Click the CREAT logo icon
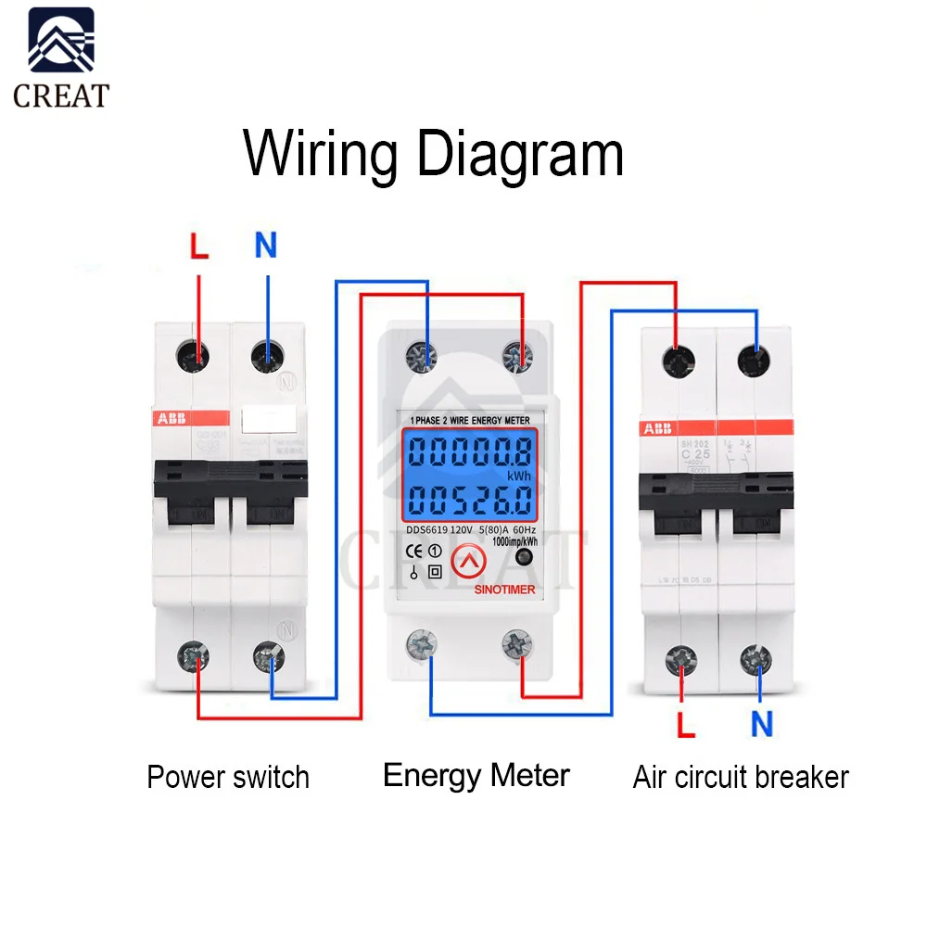point(61,41)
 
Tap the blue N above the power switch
point(266,246)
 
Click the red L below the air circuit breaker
point(685,724)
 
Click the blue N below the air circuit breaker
point(762,724)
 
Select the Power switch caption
point(228,777)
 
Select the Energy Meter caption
point(476,775)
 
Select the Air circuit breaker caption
point(741,777)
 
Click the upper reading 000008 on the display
point(470,452)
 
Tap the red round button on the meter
point(468,559)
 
